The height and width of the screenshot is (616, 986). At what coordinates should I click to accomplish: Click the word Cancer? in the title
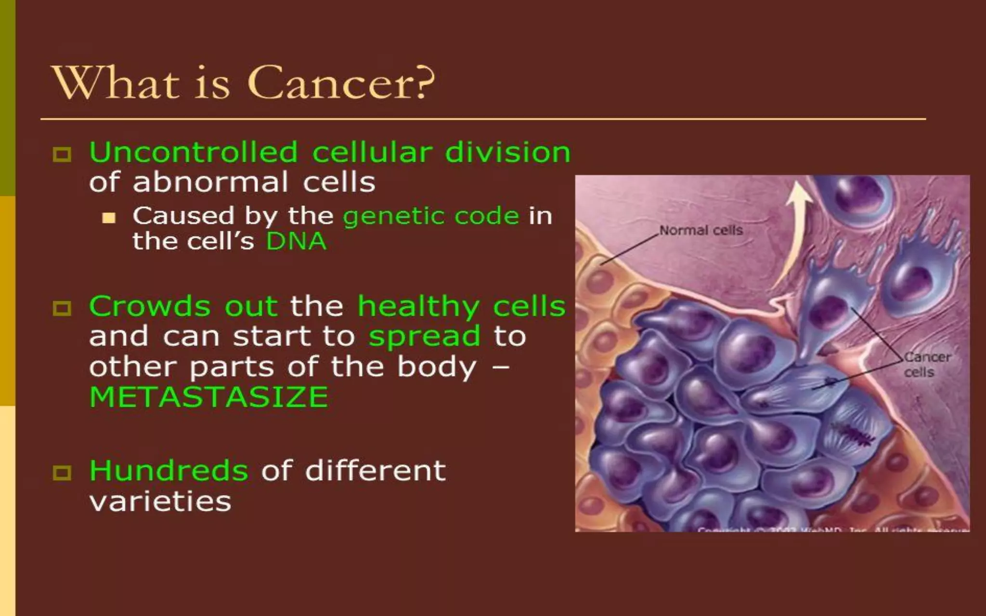tap(340, 83)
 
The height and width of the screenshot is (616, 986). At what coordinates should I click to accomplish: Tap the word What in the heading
tap(116, 83)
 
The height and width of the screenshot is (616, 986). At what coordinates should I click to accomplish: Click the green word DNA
tap(296, 241)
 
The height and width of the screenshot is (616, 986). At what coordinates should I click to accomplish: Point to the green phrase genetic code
tap(431, 216)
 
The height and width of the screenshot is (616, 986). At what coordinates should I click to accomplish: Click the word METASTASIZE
tap(208, 398)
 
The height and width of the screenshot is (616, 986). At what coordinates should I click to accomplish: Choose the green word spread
tap(425, 336)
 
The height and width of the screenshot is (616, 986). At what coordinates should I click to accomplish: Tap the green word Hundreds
tap(169, 470)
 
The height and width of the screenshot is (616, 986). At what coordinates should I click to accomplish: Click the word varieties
tap(160, 501)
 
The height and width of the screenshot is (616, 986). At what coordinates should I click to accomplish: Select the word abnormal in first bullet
tap(210, 182)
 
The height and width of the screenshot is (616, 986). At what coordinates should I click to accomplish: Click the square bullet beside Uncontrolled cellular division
tap(62, 154)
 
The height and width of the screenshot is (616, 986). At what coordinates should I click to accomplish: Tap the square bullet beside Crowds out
tap(62, 308)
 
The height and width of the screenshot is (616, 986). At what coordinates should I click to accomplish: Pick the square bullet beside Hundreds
tap(62, 473)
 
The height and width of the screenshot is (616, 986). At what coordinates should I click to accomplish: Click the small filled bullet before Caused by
tap(109, 218)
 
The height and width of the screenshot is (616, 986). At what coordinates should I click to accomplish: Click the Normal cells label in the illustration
tap(701, 231)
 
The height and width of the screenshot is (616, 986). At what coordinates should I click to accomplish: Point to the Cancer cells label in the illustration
tap(926, 364)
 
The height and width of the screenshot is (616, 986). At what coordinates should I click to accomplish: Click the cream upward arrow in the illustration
tap(794, 226)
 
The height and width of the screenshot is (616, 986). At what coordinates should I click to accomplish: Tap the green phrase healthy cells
tap(461, 306)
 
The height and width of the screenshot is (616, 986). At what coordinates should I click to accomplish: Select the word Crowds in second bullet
tap(149, 306)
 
